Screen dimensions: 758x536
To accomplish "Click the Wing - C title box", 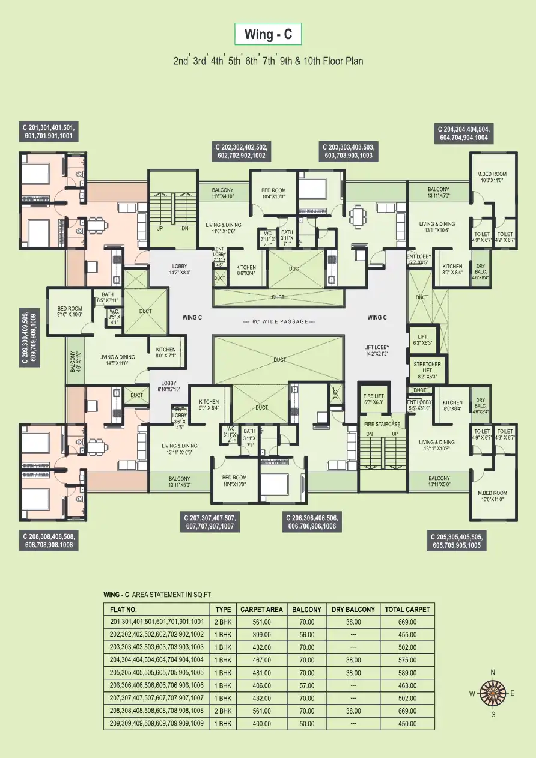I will (x=268, y=35).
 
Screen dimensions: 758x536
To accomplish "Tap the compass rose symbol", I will (x=493, y=693).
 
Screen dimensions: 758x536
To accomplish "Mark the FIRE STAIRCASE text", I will (x=382, y=424).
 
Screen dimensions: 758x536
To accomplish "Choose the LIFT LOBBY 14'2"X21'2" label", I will (x=377, y=350).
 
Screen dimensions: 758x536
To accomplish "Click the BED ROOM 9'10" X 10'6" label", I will (x=70, y=311).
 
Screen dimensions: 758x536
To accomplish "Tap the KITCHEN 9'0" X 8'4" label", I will (x=209, y=405).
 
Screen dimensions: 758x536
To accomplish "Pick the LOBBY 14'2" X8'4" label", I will (x=180, y=269).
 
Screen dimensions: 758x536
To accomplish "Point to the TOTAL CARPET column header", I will (x=407, y=609).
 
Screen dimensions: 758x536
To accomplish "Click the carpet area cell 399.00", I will (x=261, y=634).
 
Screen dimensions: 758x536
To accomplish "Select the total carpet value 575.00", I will (x=407, y=659).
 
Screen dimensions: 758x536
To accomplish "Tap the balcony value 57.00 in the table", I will (x=306, y=685).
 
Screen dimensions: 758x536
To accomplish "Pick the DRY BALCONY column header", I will (x=353, y=609).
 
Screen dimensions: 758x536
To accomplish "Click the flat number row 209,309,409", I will (x=157, y=723).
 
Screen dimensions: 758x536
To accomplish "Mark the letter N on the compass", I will (x=493, y=672).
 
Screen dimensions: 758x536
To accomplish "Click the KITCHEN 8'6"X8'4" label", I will (x=246, y=270).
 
